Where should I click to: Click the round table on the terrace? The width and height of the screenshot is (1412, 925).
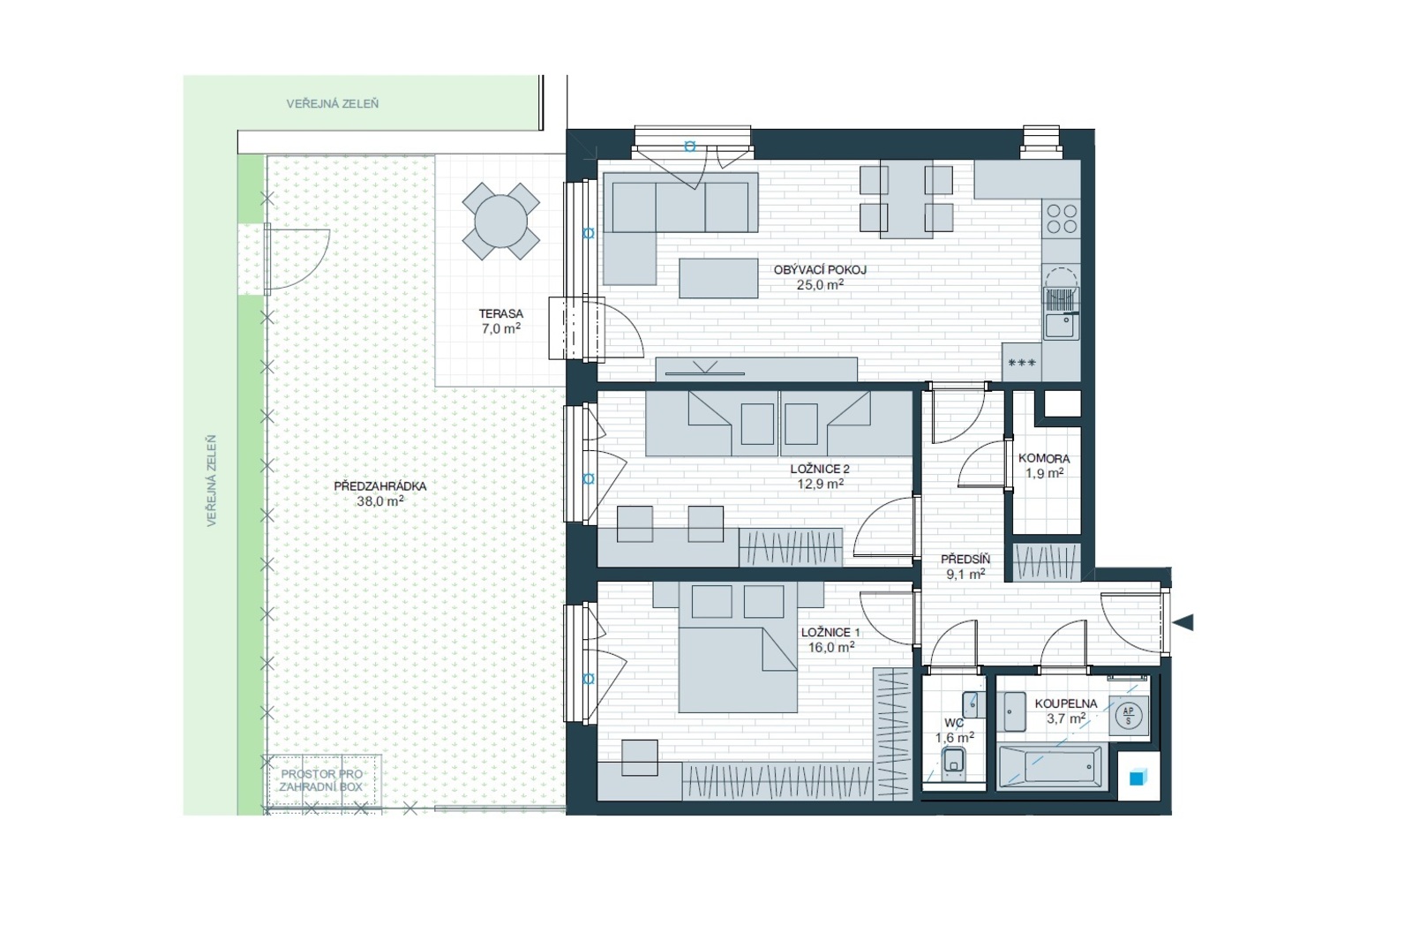pyautogui.click(x=500, y=222)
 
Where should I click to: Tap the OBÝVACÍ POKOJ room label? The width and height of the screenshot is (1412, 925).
pyautogui.click(x=820, y=270)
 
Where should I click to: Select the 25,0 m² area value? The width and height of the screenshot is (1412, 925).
pyautogui.click(x=820, y=284)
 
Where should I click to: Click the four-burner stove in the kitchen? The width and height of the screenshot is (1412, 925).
pyautogui.click(x=1062, y=218)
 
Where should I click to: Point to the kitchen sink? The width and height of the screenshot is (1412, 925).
pyautogui.click(x=1060, y=326)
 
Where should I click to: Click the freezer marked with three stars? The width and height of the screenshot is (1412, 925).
pyautogui.click(x=1021, y=362)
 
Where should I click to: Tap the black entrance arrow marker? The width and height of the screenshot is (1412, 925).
pyautogui.click(x=1183, y=623)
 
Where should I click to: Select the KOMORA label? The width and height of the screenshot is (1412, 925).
pyautogui.click(x=1044, y=458)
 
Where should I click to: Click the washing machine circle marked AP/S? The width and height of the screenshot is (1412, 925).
pyautogui.click(x=1129, y=717)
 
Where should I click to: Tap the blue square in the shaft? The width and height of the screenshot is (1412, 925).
pyautogui.click(x=1137, y=778)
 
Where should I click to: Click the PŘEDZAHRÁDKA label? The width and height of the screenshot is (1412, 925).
pyautogui.click(x=380, y=486)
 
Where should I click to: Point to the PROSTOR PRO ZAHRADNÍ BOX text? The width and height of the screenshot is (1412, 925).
pyautogui.click(x=321, y=780)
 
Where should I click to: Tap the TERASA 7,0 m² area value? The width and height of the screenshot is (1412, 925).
pyautogui.click(x=501, y=328)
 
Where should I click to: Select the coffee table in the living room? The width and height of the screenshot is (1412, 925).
pyautogui.click(x=718, y=278)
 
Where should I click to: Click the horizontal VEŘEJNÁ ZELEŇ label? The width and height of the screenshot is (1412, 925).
pyautogui.click(x=332, y=103)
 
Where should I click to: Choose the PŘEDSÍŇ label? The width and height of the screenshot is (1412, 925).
pyautogui.click(x=965, y=560)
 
